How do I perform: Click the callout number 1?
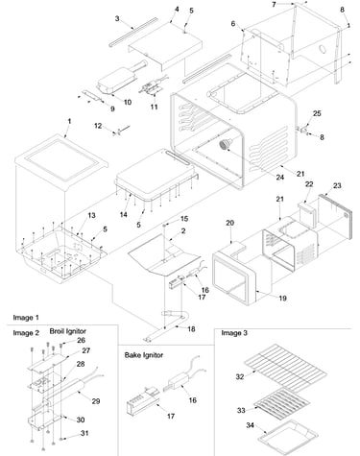pyautogui.click(x=69, y=122)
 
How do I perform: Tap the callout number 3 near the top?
pyautogui.click(x=117, y=18)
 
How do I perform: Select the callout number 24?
pyautogui.click(x=280, y=177)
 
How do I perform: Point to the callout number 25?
pyautogui.click(x=317, y=113)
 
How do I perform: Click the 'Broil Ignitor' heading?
pyautogui.click(x=67, y=331)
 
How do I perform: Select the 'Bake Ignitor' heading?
pyautogui.click(x=144, y=355)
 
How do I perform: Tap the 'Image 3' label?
pyautogui.click(x=234, y=333)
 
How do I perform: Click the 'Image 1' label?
pyautogui.click(x=26, y=318)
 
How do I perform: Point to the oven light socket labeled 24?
pyautogui.click(x=226, y=144)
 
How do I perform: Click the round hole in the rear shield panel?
pyautogui.click(x=323, y=50)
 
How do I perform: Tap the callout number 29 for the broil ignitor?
pyautogui.click(x=96, y=401)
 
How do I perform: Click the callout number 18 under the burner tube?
pyautogui.click(x=191, y=329)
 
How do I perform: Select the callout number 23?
pyautogui.click(x=337, y=185)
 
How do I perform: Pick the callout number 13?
pyautogui.click(x=91, y=215)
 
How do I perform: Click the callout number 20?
pyautogui.click(x=230, y=223)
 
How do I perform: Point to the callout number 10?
pyautogui.click(x=128, y=102)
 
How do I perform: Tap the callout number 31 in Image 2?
pyautogui.click(x=84, y=433)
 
